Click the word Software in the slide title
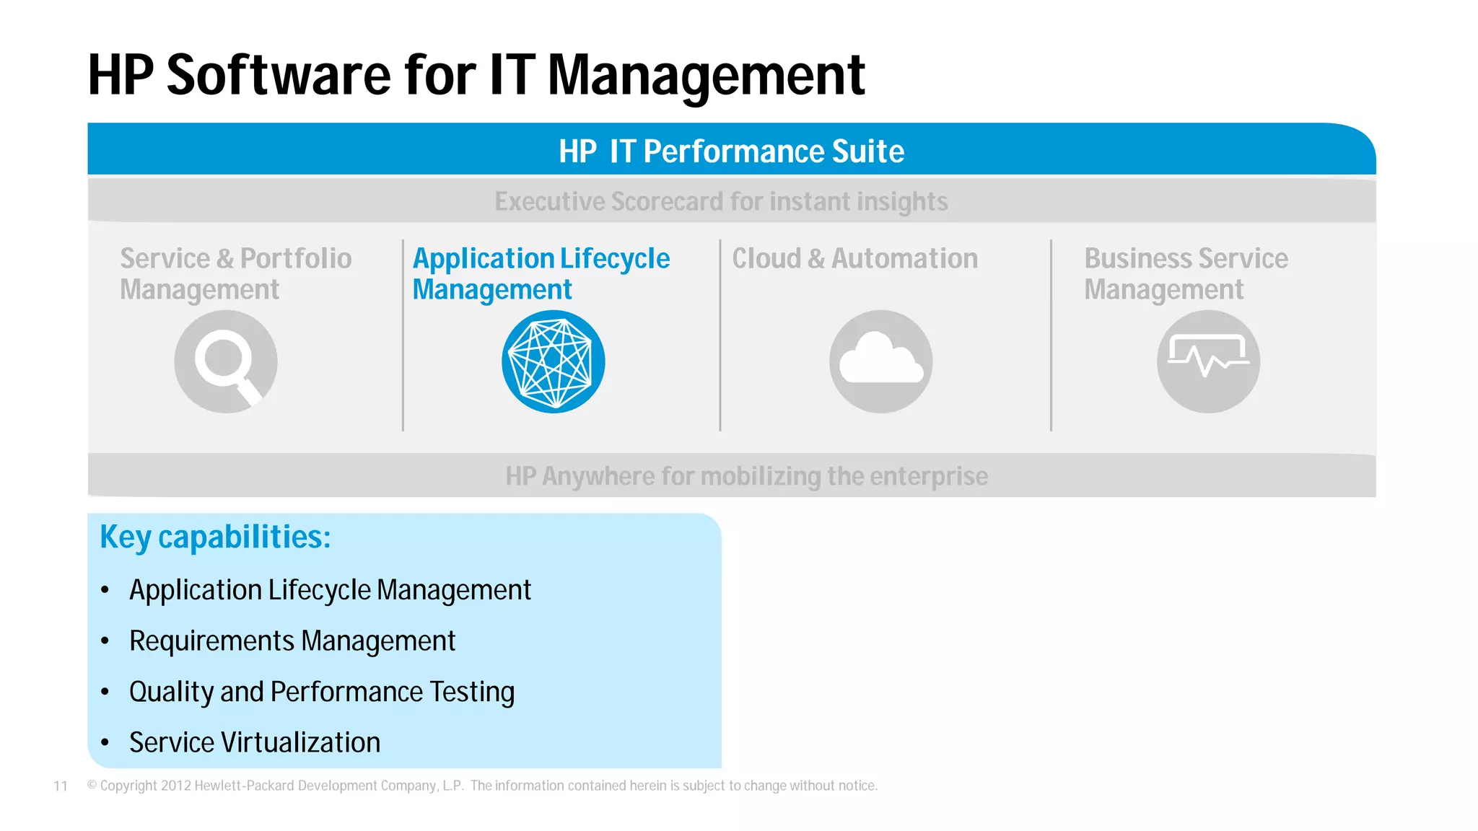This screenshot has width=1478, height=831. (x=279, y=75)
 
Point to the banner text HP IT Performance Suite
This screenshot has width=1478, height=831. (x=731, y=151)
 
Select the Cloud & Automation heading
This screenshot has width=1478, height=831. (x=855, y=258)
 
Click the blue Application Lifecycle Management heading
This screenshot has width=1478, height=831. (x=541, y=274)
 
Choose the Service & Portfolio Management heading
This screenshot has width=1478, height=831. (x=235, y=274)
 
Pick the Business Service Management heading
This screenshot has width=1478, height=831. (x=1186, y=274)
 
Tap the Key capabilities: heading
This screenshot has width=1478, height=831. (x=215, y=537)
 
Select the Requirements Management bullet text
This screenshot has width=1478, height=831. (x=292, y=641)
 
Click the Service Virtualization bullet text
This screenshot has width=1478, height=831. (x=255, y=742)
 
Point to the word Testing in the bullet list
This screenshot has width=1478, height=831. (x=472, y=692)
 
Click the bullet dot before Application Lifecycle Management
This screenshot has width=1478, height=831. (x=105, y=590)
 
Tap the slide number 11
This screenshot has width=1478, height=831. (x=61, y=786)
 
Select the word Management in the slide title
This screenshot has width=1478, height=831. (x=706, y=75)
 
